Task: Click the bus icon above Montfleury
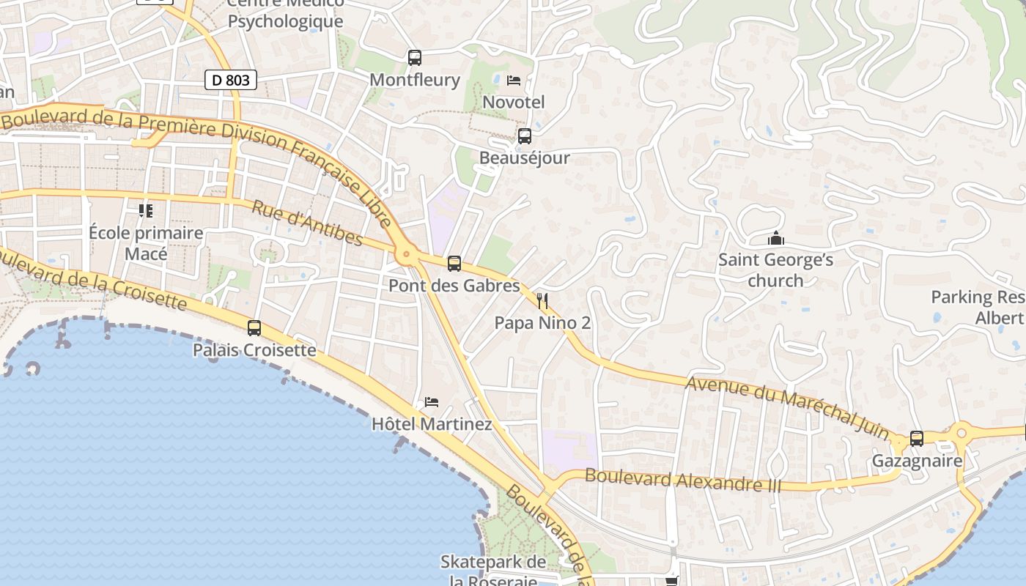click(415, 57)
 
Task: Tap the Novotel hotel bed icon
click(514, 80)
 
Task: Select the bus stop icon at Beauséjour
click(525, 136)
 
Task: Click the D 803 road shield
click(231, 80)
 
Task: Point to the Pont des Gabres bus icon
click(454, 264)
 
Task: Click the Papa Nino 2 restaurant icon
click(542, 300)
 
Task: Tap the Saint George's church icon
click(775, 238)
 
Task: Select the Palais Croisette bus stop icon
click(254, 328)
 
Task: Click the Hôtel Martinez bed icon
click(432, 402)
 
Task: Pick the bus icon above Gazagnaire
click(917, 439)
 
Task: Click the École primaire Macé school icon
click(146, 211)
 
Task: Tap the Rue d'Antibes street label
click(307, 223)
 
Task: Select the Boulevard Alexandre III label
click(683, 481)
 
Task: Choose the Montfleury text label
click(415, 79)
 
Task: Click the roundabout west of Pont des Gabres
click(406, 256)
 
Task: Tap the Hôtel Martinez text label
click(432, 424)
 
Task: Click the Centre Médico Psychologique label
click(285, 12)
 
